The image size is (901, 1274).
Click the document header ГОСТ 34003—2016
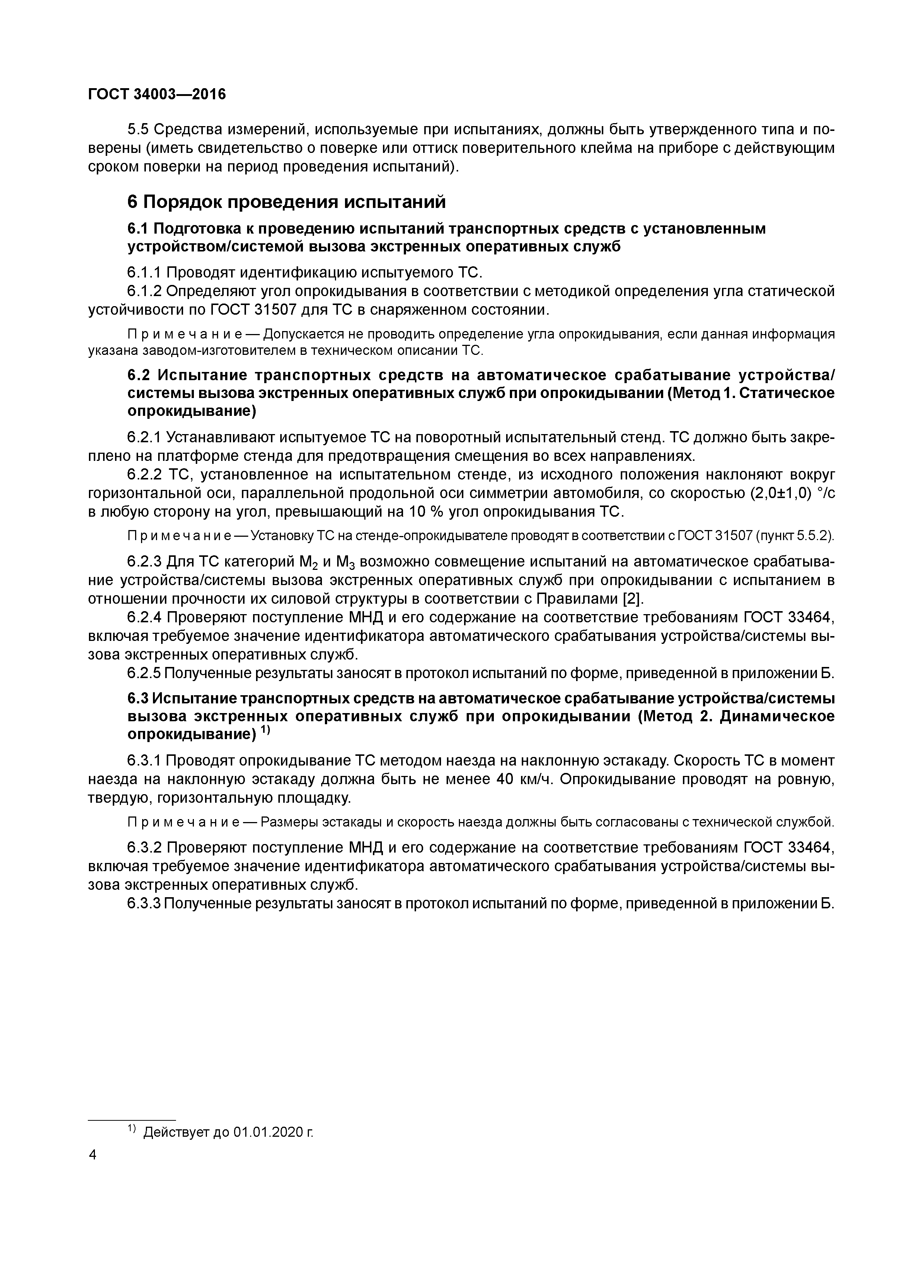[x=157, y=94]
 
